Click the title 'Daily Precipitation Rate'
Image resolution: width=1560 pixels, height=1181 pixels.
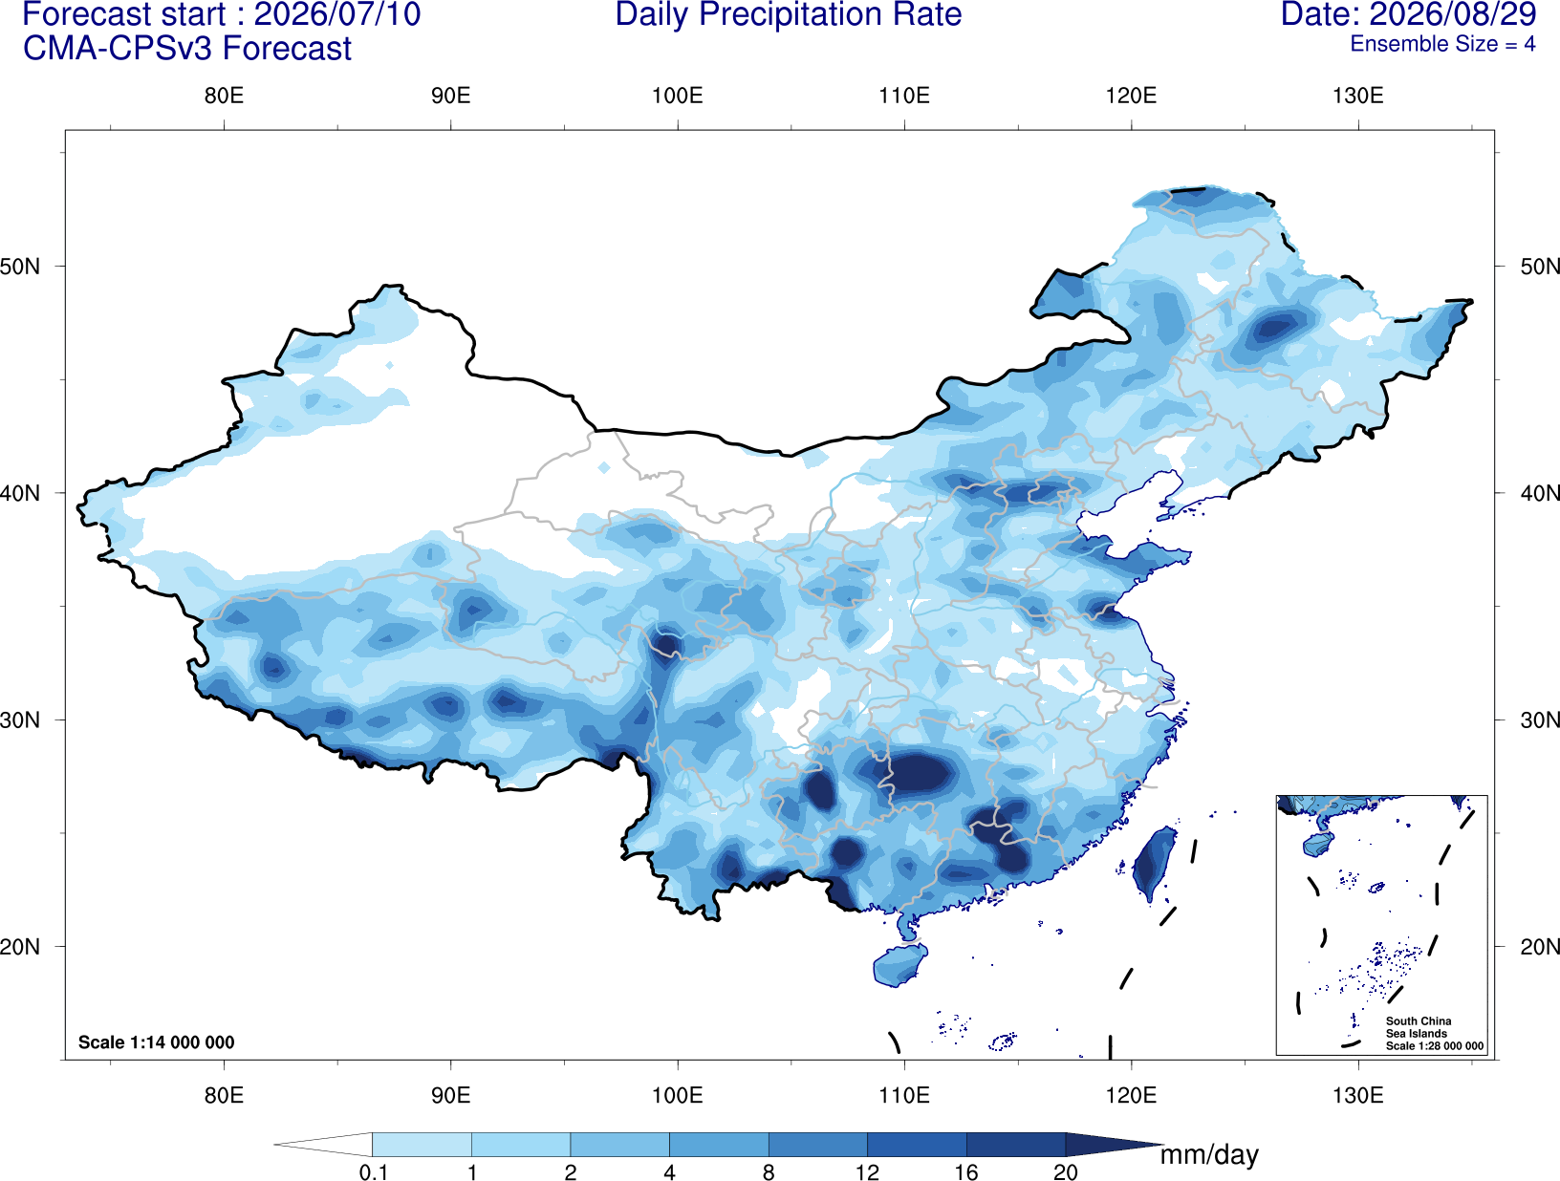(789, 14)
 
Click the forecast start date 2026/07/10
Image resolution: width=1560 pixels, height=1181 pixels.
(336, 14)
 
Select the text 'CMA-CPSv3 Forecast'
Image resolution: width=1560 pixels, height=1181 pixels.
(187, 49)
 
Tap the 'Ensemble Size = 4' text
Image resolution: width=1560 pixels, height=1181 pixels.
(1442, 44)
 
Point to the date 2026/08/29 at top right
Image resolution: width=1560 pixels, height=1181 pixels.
(1453, 14)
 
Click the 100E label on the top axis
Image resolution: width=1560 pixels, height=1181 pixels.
(678, 96)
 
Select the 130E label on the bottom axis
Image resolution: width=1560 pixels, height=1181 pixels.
(1357, 1095)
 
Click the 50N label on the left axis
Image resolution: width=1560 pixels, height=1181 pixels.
(20, 267)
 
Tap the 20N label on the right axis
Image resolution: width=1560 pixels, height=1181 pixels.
(1539, 947)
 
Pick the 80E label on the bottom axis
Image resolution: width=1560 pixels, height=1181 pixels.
(224, 1095)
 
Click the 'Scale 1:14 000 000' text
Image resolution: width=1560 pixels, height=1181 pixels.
(157, 1041)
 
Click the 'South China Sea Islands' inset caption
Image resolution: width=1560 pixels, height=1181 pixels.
(1419, 1027)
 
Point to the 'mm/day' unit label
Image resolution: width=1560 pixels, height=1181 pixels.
(1209, 1155)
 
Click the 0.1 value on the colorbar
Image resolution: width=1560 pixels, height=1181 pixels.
(373, 1172)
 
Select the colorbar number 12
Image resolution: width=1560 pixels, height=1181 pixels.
(867, 1172)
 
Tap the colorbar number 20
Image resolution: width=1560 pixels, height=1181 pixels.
(1066, 1172)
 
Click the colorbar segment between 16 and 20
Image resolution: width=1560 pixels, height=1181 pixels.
(1015, 1144)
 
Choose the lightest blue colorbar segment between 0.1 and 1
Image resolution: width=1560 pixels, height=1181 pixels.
(422, 1144)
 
